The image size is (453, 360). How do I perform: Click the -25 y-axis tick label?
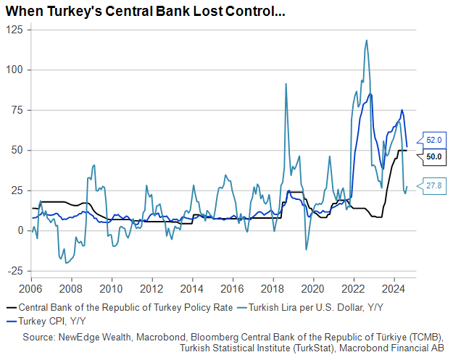[x=13, y=271]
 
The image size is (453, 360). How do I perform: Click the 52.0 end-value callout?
[x=434, y=139]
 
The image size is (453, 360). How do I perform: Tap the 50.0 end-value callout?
[x=434, y=156]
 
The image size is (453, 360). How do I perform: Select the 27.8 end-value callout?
[x=434, y=186]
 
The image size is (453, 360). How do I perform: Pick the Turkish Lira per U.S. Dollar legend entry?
[x=316, y=307]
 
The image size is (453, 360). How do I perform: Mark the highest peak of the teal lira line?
[x=366, y=41]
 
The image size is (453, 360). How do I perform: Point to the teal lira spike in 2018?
[x=286, y=84]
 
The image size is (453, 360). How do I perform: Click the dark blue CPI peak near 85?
[x=370, y=93]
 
